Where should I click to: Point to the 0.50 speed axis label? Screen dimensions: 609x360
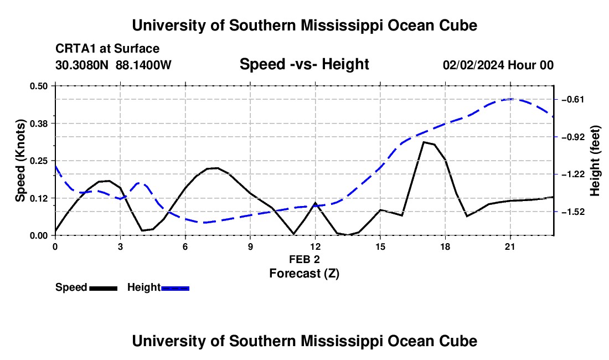click(38, 86)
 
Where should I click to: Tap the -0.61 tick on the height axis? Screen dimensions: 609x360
click(556, 100)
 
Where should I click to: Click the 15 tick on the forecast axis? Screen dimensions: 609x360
click(380, 238)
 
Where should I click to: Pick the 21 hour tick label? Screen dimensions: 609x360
click(510, 246)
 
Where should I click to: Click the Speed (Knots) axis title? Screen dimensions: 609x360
click(20, 161)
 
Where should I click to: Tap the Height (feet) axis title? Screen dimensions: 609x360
click(595, 161)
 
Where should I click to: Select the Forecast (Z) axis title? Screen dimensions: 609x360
click(304, 274)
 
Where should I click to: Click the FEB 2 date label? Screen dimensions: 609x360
click(304, 259)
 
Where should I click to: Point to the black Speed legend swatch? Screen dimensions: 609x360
click(104, 288)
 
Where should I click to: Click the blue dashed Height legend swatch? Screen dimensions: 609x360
click(175, 288)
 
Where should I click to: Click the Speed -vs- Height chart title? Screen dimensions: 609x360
click(304, 64)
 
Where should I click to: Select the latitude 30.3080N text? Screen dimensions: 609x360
click(81, 65)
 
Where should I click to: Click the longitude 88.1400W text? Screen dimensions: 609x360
click(143, 65)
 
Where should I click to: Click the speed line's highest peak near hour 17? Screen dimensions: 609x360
click(424, 142)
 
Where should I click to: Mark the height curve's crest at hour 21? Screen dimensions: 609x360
click(511, 99)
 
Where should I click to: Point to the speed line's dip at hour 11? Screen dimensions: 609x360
click(293, 234)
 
